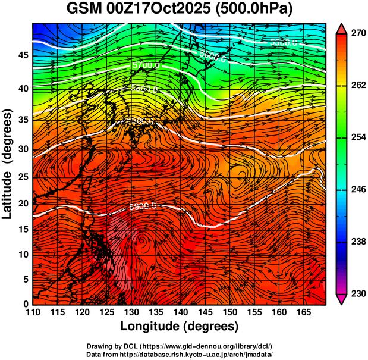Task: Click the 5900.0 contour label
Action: tap(142, 206)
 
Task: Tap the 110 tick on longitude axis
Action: tap(33, 312)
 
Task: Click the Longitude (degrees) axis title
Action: tap(180, 326)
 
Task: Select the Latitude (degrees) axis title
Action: tap(8, 164)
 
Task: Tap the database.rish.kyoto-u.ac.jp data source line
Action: tap(180, 354)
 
